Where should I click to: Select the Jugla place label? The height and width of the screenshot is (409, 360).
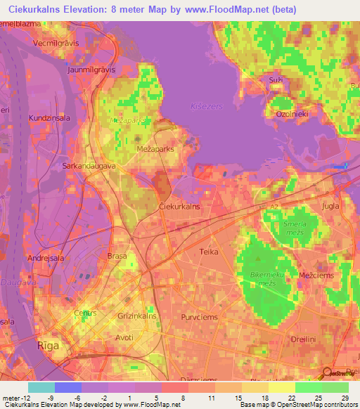coord(330,207)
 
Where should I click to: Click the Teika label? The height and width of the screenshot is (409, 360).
coord(209,251)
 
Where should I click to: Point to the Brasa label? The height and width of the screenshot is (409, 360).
coord(116,257)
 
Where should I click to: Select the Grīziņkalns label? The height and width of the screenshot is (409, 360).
coord(137,317)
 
